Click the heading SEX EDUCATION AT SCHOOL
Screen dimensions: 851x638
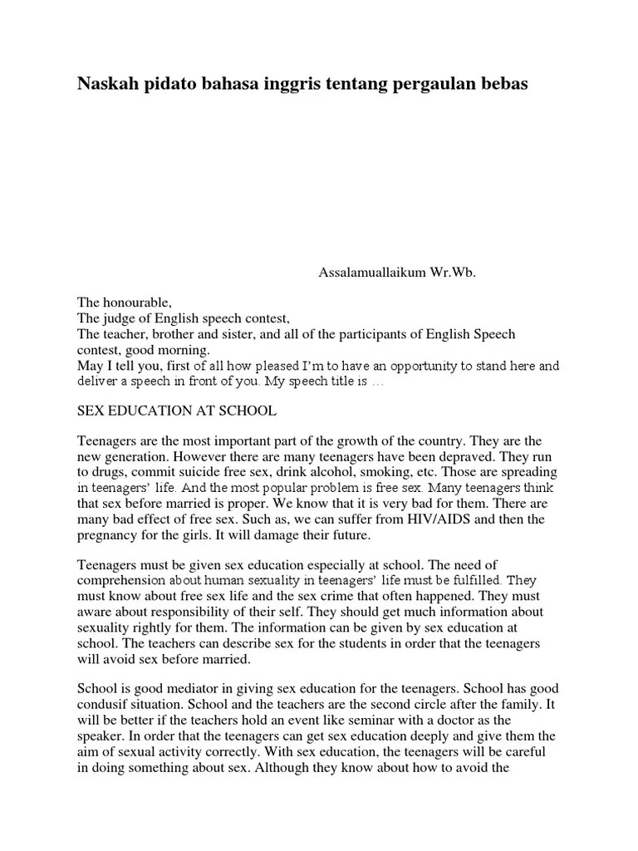click(176, 411)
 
